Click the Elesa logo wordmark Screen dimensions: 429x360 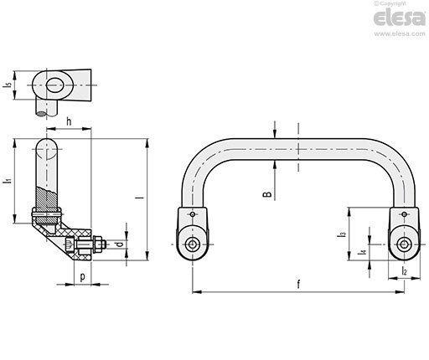coord(400,18)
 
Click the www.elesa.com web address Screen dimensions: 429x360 coord(400,33)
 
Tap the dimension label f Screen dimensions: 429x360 coord(298,285)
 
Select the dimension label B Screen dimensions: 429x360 coord(267,194)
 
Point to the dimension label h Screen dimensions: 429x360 coord(69,121)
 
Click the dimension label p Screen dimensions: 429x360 coord(82,277)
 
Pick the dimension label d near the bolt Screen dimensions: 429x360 coord(119,244)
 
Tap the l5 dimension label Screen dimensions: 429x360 coord(8,85)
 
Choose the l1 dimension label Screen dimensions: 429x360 coord(8,181)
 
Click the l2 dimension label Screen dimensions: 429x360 coord(404,270)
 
